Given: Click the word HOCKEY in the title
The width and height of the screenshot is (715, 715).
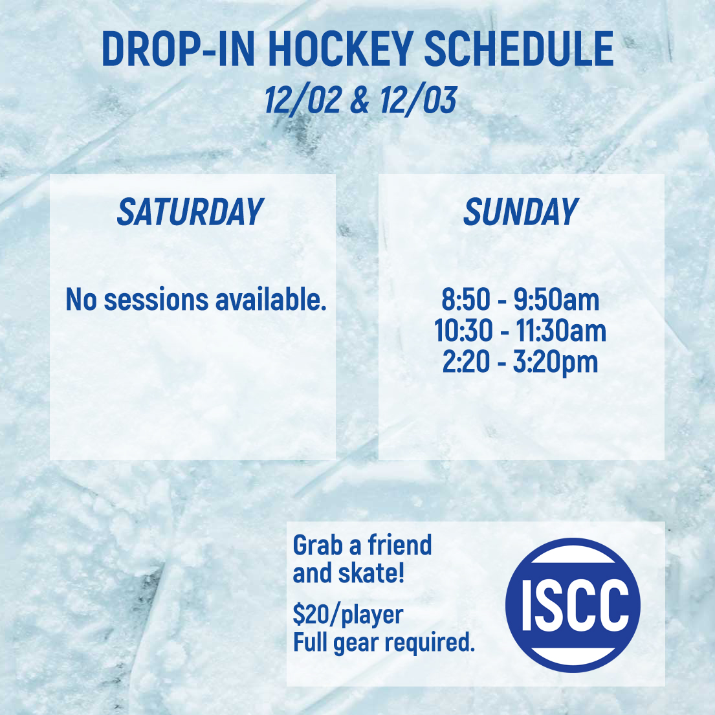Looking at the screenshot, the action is pyautogui.click(x=340, y=49).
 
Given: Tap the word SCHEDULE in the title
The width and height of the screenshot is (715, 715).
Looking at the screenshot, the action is pyautogui.click(x=519, y=49).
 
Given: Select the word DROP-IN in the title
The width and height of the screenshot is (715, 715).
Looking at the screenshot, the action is pyautogui.click(x=178, y=49).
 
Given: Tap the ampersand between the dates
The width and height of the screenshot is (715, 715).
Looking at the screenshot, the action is pyautogui.click(x=360, y=100).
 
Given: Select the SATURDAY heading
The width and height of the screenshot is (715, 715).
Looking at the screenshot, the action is pyautogui.click(x=190, y=212).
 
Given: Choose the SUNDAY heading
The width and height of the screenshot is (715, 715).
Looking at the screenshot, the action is pyautogui.click(x=521, y=212).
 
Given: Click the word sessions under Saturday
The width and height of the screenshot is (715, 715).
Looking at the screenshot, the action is pyautogui.click(x=157, y=300).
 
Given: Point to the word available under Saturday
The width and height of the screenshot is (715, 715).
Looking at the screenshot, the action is pyautogui.click(x=271, y=300).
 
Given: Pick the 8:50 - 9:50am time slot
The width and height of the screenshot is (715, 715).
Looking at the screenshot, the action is pyautogui.click(x=520, y=300).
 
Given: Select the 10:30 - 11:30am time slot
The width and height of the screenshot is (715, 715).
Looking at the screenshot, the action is pyautogui.click(x=520, y=331).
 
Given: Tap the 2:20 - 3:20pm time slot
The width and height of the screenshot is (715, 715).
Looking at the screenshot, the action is pyautogui.click(x=520, y=362).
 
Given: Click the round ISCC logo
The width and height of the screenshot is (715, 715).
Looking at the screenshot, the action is pyautogui.click(x=573, y=605).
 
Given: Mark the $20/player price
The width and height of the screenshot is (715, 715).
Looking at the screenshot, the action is pyautogui.click(x=348, y=615).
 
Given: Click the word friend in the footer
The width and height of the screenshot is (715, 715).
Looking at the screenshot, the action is pyautogui.click(x=399, y=545).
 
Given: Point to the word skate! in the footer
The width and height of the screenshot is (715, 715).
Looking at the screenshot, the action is pyautogui.click(x=371, y=573).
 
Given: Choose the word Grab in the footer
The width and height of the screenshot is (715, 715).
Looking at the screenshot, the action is pyautogui.click(x=318, y=545).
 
